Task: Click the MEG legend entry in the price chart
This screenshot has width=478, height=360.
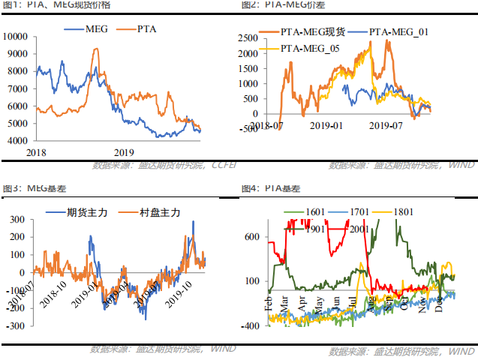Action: pos(96,29)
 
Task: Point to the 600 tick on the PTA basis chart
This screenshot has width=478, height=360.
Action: pos(249,237)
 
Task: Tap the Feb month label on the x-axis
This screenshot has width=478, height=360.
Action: pos(269,304)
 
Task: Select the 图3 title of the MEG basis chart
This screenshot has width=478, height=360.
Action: pos(9,187)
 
